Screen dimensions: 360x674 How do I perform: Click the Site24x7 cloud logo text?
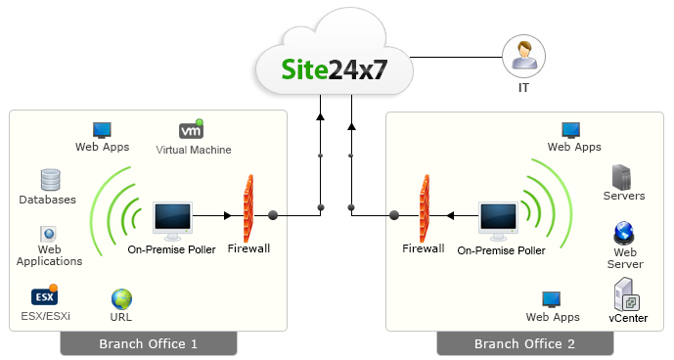(336, 70)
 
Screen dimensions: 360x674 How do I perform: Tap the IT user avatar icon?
(522, 56)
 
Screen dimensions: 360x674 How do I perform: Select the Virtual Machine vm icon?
(192, 129)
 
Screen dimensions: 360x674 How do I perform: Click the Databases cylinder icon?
(50, 180)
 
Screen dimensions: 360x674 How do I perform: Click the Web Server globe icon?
(624, 234)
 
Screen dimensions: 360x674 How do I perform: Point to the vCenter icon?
(626, 293)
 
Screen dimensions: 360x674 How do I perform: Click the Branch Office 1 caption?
(149, 343)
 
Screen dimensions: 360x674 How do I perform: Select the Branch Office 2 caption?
(524, 343)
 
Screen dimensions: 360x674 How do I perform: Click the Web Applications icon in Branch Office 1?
(48, 235)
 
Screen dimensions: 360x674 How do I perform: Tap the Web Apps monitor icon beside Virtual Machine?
(103, 129)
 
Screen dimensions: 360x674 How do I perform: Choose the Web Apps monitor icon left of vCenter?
(552, 298)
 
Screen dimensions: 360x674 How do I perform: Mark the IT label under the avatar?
(523, 87)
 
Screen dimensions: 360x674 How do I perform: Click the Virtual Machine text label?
(194, 150)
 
